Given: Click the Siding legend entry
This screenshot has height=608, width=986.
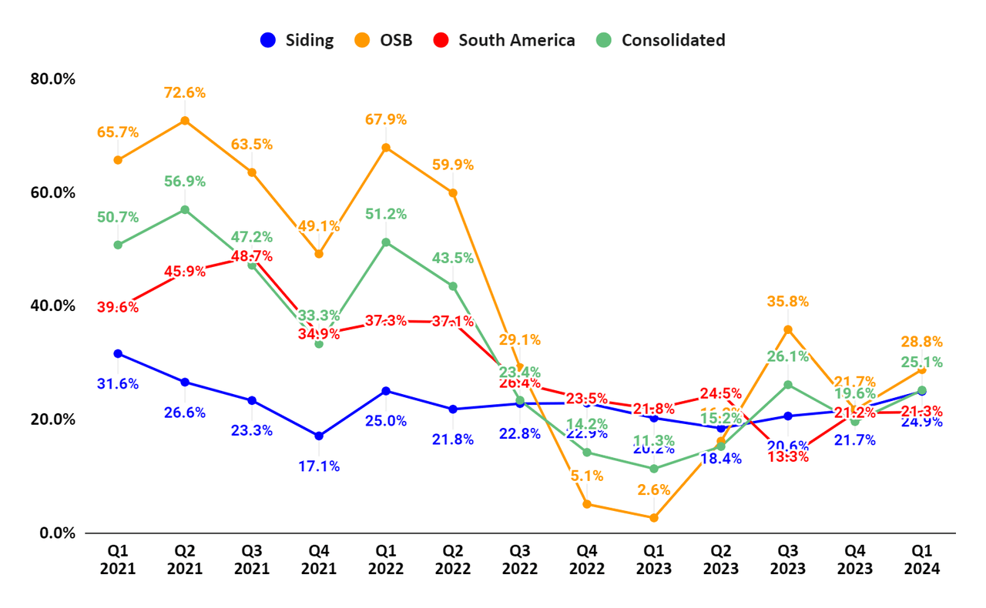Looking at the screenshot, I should click(297, 41).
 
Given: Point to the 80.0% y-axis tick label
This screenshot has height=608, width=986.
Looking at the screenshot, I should click(53, 79).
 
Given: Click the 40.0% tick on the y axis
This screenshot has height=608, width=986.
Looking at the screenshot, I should click(53, 306).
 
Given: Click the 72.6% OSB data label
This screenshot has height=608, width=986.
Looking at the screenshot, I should click(185, 92).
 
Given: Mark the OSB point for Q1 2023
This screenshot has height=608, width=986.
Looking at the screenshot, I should click(654, 518).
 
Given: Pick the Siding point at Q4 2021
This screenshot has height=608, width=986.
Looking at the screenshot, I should click(318, 436).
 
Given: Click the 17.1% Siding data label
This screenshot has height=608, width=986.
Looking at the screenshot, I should click(318, 466).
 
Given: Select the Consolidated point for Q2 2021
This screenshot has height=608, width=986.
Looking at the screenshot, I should click(185, 209).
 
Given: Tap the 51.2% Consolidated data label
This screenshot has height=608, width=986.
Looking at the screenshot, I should click(386, 214).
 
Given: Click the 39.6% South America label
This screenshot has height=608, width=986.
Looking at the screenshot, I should click(118, 307).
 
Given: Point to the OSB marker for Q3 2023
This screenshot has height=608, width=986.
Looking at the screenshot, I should click(787, 329).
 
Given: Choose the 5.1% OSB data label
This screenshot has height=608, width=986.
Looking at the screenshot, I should click(587, 476).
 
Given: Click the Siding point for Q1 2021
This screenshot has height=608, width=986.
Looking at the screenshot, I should click(118, 353).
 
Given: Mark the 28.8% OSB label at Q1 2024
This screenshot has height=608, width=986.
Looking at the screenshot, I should click(921, 342).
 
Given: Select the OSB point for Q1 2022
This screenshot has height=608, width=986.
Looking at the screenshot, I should click(386, 147).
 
